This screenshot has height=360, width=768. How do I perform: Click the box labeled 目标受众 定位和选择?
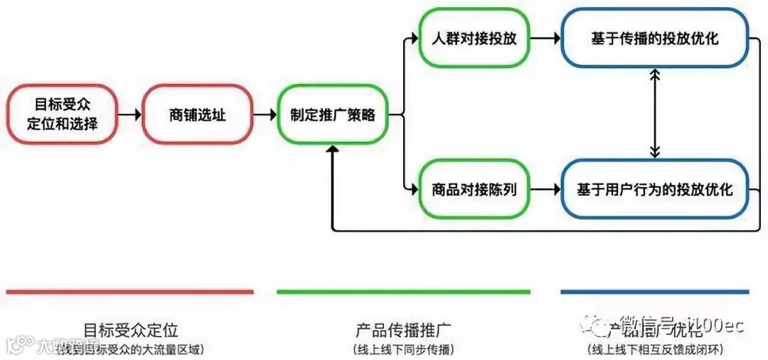(62, 114)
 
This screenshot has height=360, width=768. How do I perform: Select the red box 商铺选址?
(197, 114)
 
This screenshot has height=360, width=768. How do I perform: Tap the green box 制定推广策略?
(332, 114)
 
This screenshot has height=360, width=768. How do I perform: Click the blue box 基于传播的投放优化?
(654, 38)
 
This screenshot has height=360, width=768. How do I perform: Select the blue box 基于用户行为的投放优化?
(654, 189)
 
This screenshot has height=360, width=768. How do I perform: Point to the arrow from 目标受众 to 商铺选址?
(129, 114)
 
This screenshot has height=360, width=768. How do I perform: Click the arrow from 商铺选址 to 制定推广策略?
(265, 114)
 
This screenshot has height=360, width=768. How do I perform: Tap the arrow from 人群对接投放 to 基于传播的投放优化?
(545, 38)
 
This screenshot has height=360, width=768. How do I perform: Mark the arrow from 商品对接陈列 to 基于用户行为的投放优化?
(545, 189)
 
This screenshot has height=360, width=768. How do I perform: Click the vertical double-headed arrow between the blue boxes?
(655, 114)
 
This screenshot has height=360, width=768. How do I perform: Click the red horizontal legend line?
(129, 292)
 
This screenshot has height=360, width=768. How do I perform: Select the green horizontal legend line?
(403, 292)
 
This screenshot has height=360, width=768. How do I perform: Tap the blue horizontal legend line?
(654, 292)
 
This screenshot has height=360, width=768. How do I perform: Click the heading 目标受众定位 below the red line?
(131, 330)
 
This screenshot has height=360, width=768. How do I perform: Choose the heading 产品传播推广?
(403, 330)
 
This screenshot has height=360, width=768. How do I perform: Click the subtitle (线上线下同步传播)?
(403, 349)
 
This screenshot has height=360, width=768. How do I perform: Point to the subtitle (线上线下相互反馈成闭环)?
(654, 349)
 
